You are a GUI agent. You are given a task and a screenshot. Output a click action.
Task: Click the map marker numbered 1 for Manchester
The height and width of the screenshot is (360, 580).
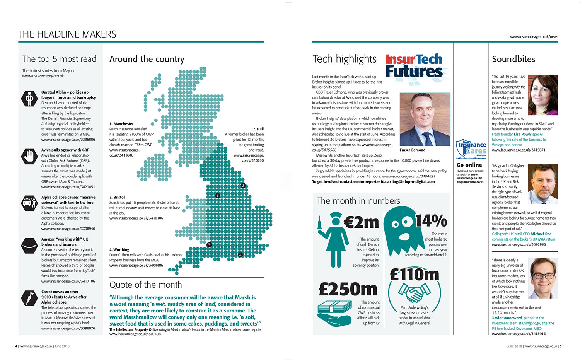pos(218,196)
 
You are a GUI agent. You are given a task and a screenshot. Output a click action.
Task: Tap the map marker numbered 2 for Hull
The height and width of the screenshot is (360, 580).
pos(243,186)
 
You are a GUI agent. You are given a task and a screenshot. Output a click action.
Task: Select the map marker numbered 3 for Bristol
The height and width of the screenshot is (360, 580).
pos(209,245)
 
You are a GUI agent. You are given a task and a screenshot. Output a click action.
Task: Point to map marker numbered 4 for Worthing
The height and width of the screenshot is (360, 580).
pos(240,255)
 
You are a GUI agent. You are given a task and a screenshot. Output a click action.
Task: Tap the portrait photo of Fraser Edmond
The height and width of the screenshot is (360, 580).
pos(425,119)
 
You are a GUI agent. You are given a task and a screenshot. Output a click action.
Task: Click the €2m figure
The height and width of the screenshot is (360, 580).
pos(361,222)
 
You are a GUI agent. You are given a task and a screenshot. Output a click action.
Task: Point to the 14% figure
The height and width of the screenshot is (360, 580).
pos(431,221)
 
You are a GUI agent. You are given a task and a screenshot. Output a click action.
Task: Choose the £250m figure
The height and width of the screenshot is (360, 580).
pos(348,289)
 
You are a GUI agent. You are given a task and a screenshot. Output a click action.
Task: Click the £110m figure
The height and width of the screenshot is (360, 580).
pos(415,275)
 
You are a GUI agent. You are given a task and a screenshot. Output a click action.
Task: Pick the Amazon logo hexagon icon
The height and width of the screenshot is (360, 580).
pos(29,246)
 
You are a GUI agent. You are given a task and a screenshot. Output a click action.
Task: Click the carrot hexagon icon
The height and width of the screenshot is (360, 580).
pos(29,298)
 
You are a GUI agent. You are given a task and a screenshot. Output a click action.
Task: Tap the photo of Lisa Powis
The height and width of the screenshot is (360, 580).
pos(542,95)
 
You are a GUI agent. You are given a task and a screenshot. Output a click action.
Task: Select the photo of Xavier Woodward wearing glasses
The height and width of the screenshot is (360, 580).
pos(543,278)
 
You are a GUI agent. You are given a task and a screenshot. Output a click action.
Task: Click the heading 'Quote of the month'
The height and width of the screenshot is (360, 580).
pos(145,285)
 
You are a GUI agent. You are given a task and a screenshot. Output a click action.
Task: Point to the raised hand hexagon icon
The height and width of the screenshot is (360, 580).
pos(29,156)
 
